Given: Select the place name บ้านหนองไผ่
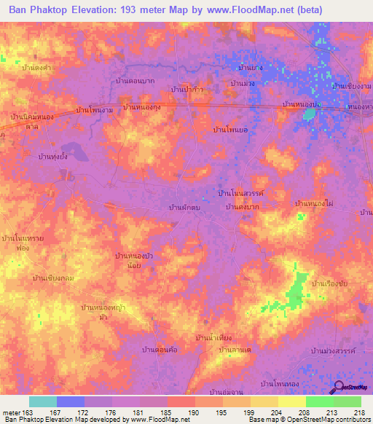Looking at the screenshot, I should (x=315, y=203).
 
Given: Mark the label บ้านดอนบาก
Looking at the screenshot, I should (x=140, y=82).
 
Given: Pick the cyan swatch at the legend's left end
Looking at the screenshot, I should (x=43, y=401).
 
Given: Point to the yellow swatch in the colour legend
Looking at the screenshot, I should (x=291, y=401).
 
